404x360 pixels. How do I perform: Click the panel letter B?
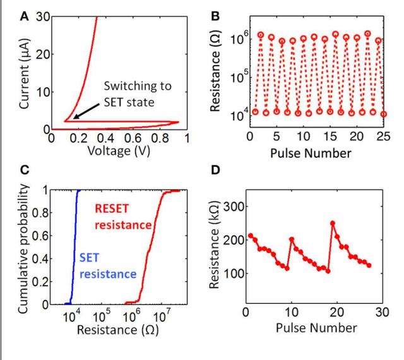(215, 17)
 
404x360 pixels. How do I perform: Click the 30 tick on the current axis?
(42, 18)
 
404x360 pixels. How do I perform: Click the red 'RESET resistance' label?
(123, 217)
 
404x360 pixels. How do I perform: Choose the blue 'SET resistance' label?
(108, 266)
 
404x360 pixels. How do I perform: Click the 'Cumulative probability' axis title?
(23, 248)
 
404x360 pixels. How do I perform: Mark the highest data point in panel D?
(333, 223)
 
